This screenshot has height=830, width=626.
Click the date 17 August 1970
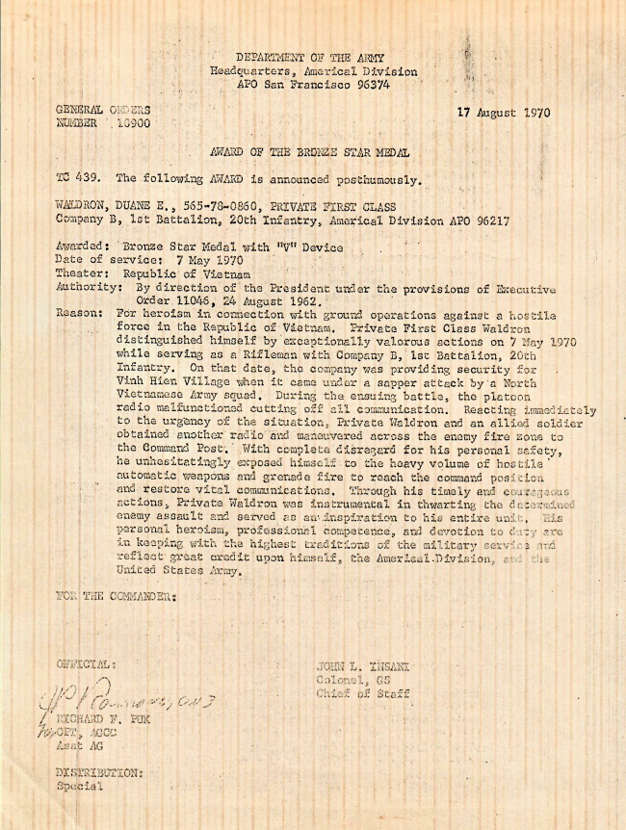(x=504, y=113)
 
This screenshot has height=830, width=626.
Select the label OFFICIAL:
(x=87, y=664)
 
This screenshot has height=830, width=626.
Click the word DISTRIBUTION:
(x=99, y=772)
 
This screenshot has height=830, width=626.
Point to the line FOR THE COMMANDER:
(x=117, y=596)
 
